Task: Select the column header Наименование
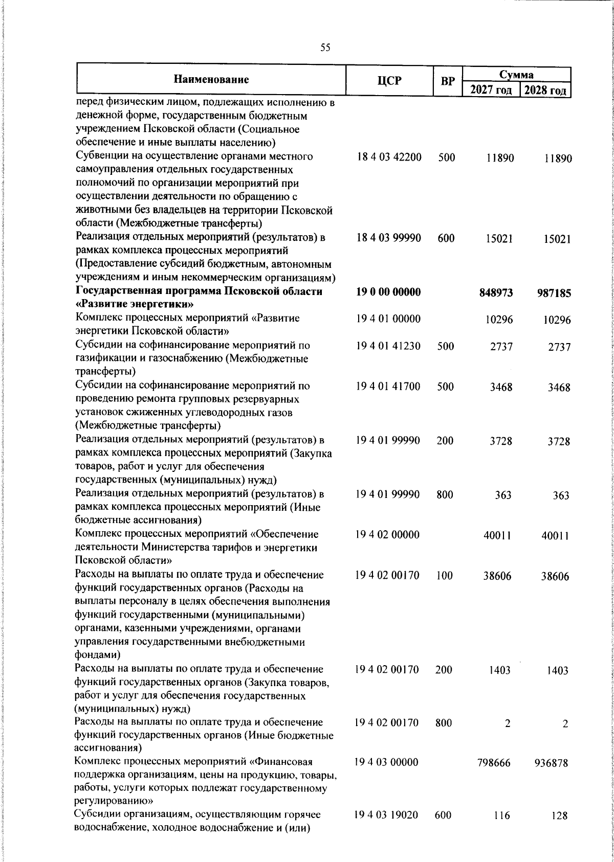pos(211,80)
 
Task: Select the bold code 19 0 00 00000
pos(389,292)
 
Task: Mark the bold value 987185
pos(554,293)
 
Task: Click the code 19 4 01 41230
pos(389,346)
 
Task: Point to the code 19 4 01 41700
pos(389,386)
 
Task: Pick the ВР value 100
pos(445,576)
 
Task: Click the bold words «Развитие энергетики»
pos(134,305)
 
